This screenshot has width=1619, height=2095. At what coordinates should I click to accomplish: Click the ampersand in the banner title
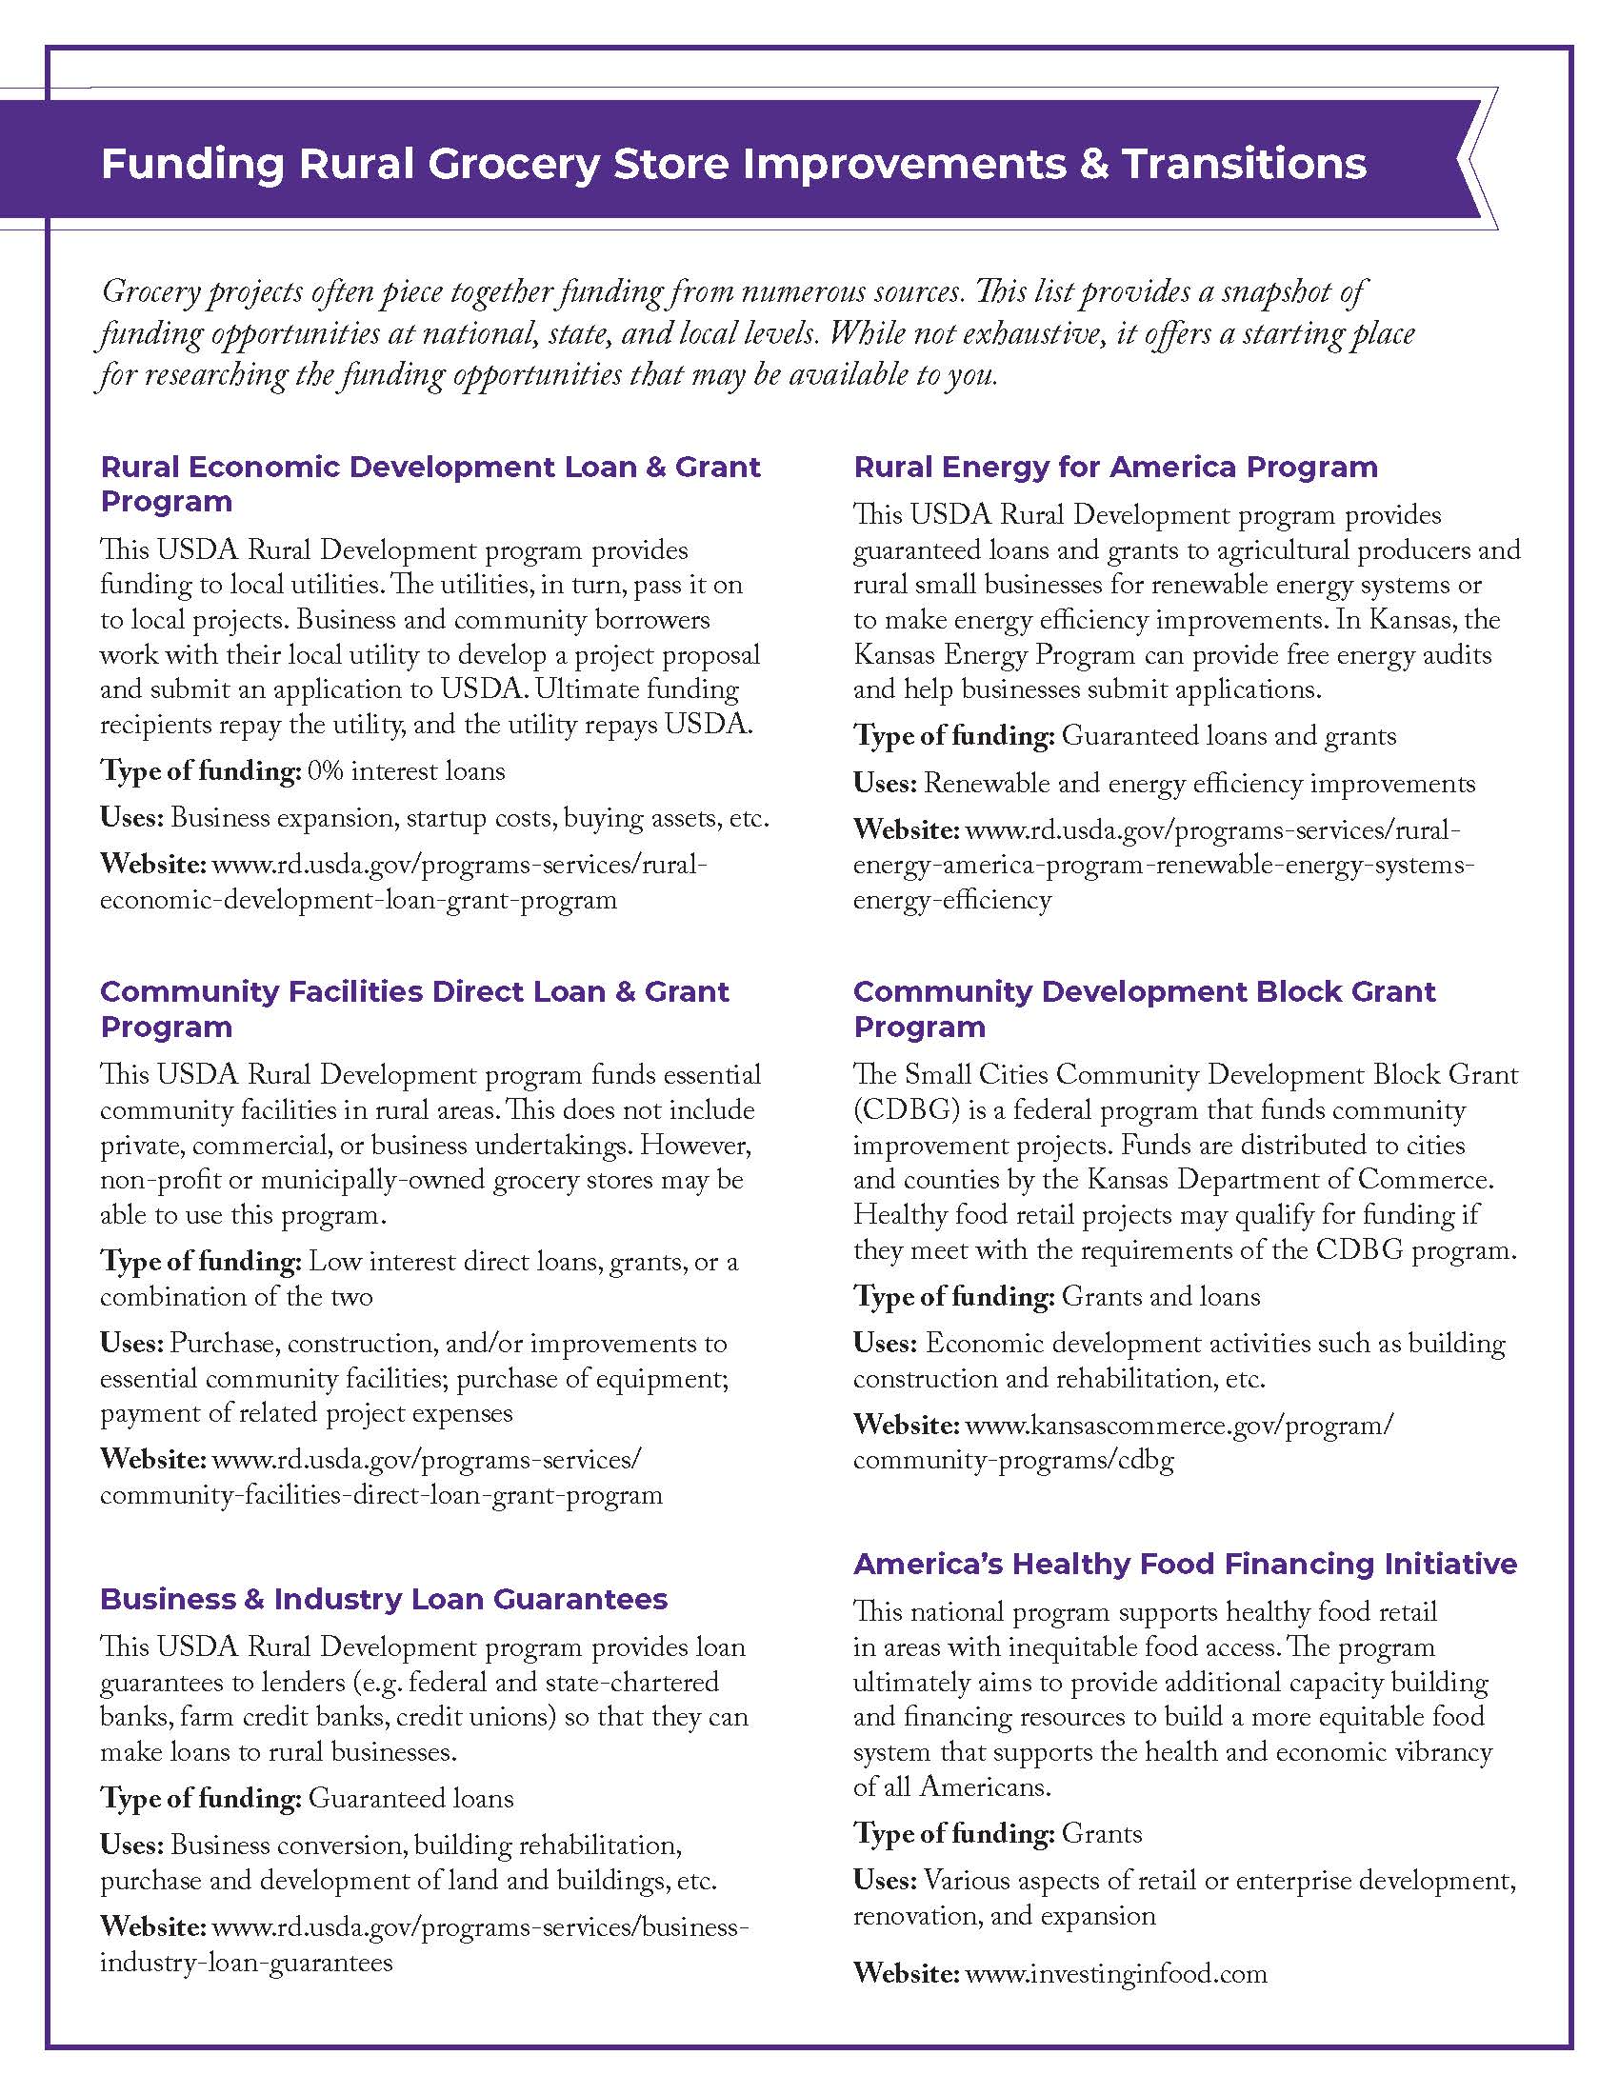pyautogui.click(x=1092, y=164)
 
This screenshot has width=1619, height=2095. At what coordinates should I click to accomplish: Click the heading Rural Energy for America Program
pyautogui.click(x=1114, y=468)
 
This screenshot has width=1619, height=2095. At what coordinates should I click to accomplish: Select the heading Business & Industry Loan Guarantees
pyautogui.click(x=384, y=1599)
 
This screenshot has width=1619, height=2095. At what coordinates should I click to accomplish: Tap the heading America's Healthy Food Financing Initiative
pyautogui.click(x=1185, y=1564)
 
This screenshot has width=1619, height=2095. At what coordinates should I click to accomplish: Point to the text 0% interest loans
pyautogui.click(x=406, y=771)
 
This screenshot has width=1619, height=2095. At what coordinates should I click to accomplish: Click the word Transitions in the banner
pyautogui.click(x=1245, y=164)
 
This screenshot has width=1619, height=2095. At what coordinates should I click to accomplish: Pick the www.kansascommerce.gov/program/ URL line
pyautogui.click(x=1179, y=1425)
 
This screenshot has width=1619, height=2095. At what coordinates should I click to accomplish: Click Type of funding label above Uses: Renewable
pyautogui.click(x=953, y=736)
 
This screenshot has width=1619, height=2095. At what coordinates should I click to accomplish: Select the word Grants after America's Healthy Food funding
pyautogui.click(x=1101, y=1833)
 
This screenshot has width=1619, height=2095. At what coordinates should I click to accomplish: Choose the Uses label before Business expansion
pyautogui.click(x=131, y=818)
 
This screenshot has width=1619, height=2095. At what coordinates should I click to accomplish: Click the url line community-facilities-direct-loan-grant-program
pyautogui.click(x=381, y=1494)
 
